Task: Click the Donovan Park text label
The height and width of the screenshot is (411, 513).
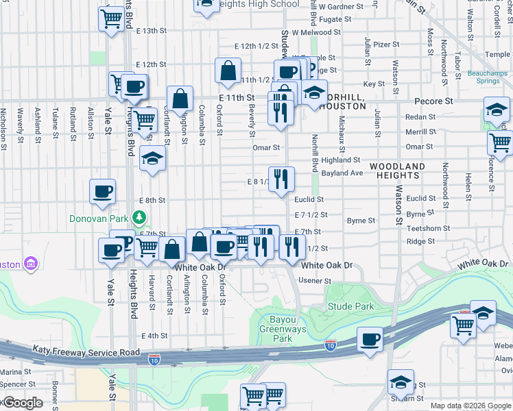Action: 99,219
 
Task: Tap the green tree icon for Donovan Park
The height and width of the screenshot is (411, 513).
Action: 140,217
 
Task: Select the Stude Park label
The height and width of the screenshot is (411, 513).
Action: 350,306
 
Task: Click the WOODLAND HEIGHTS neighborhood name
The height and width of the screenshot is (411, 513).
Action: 407,171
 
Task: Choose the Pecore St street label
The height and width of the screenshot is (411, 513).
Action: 435,101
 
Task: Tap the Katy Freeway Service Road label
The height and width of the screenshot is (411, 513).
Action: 86,352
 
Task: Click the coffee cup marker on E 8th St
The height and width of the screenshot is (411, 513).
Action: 103,192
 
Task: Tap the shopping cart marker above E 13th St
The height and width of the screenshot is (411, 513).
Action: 111,19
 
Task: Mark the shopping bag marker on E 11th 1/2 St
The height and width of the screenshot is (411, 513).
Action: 228,71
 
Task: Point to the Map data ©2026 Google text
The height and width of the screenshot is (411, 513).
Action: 470,406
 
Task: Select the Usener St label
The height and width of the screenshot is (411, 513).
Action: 314,281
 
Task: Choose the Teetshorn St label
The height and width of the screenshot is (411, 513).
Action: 427,228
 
